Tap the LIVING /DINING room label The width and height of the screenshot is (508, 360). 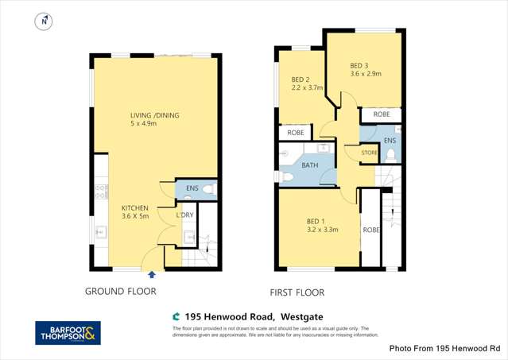click(x=155, y=116)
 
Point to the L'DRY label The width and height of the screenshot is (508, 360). click(x=184, y=215)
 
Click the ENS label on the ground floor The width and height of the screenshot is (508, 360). click(x=192, y=188)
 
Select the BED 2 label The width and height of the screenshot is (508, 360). click(x=300, y=79)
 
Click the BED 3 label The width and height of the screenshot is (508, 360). click(x=359, y=65)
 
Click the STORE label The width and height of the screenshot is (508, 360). click(x=369, y=152)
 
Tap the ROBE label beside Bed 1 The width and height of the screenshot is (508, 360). click(x=370, y=230)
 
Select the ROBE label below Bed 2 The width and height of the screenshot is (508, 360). click(x=296, y=133)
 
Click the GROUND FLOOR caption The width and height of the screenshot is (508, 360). click(x=121, y=292)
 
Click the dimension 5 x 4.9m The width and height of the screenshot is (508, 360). click(x=155, y=124)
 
